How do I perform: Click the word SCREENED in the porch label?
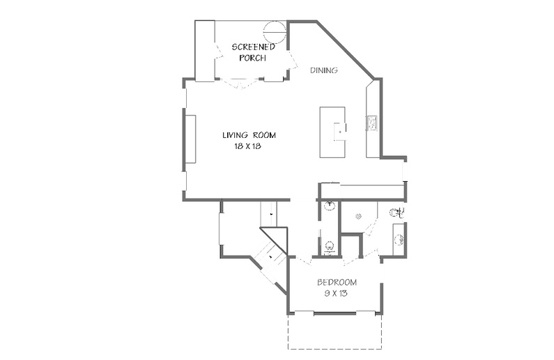pyautogui.click(x=254, y=47)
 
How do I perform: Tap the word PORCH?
pyautogui.click(x=252, y=58)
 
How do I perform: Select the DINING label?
pyautogui.click(x=323, y=70)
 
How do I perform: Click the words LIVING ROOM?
pyautogui.click(x=249, y=135)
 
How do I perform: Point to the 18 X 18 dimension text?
pyautogui.click(x=247, y=146)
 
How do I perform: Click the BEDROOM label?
pyautogui.click(x=337, y=282)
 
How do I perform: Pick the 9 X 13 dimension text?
pyautogui.click(x=336, y=293)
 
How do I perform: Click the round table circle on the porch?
pyautogui.click(x=275, y=32)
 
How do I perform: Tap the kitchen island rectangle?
pyautogui.click(x=332, y=132)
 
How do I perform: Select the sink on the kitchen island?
pyautogui.click(x=340, y=132)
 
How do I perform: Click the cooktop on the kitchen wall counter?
pyautogui.click(x=372, y=123)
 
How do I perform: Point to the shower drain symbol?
pyautogui.click(x=358, y=216)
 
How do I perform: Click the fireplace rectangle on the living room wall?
pyautogui.click(x=191, y=139)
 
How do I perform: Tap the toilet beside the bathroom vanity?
pyautogui.click(x=397, y=212)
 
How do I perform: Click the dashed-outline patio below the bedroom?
pyautogui.click(x=334, y=331)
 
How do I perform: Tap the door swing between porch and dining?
pyautogui.click(x=293, y=61)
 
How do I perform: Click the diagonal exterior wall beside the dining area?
pyautogui.click(x=345, y=50)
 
